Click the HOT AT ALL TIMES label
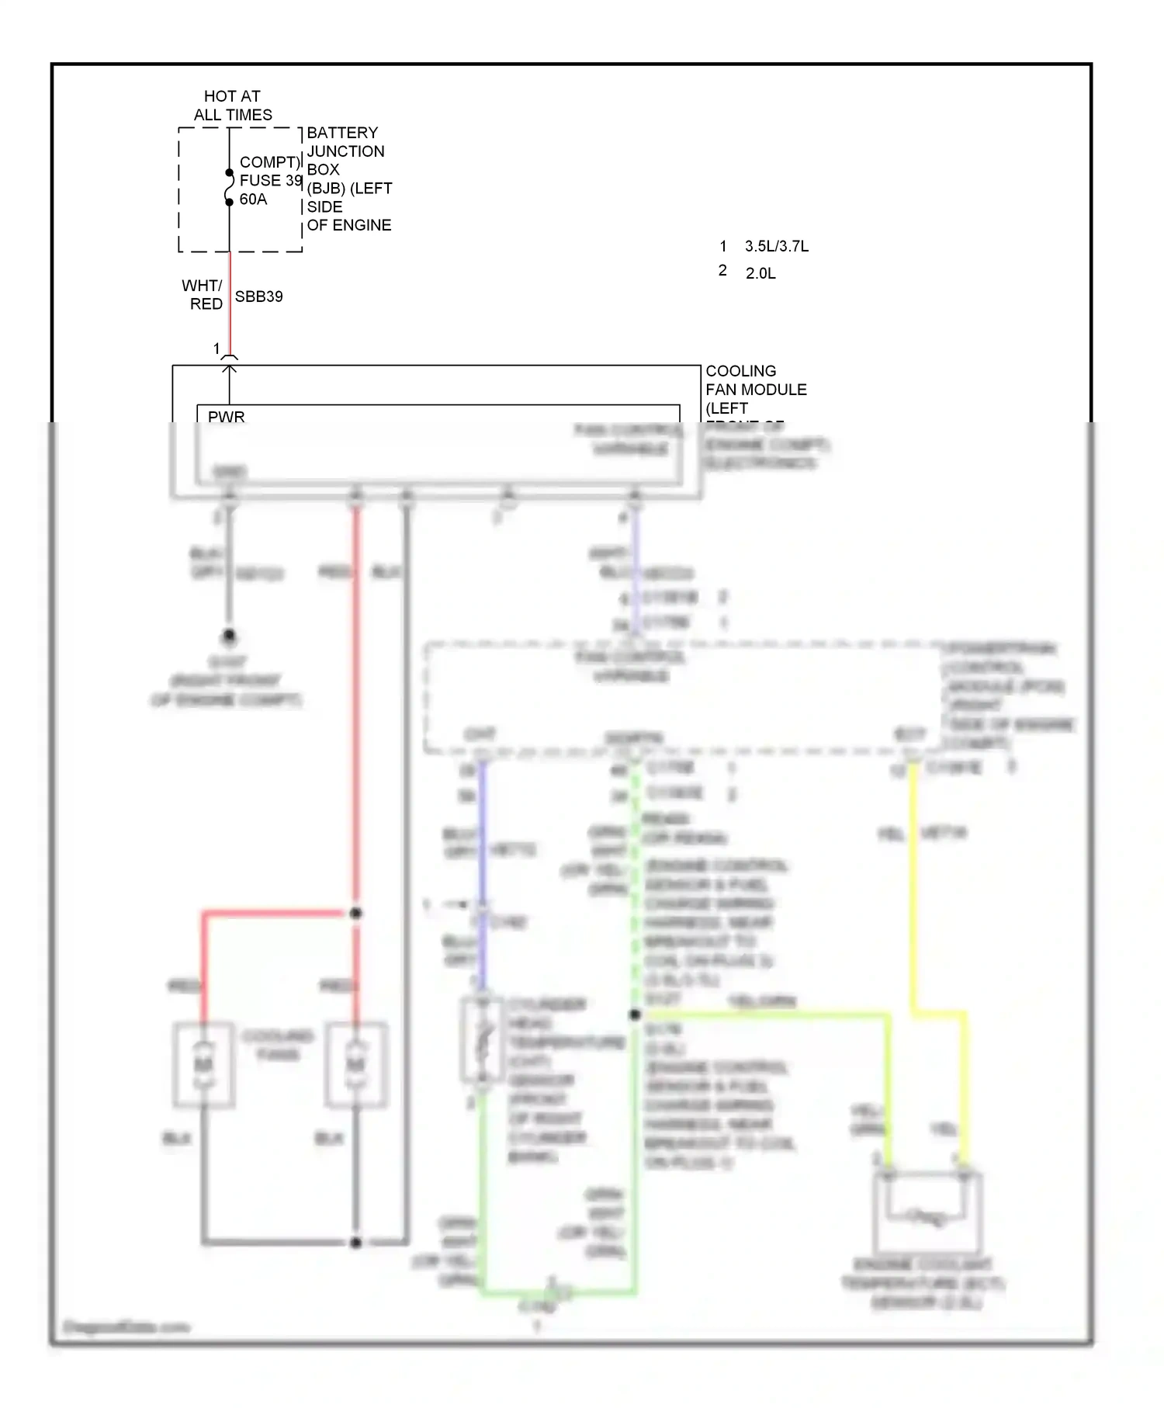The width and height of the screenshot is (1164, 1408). coord(233,106)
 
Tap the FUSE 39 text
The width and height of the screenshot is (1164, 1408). coord(270,180)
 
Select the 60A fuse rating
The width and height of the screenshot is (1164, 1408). coord(253,199)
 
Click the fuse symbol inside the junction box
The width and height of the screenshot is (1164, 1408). coord(229,187)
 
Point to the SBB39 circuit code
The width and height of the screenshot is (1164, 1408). coord(258,297)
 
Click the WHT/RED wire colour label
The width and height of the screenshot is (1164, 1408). coord(204,295)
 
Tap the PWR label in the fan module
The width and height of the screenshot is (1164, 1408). coord(226,417)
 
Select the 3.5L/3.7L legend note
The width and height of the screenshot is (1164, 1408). coord(776,247)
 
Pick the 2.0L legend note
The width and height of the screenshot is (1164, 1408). coord(760,273)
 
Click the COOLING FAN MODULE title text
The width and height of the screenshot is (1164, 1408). coord(755,380)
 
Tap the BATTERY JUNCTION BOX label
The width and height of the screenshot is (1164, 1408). coord(348,179)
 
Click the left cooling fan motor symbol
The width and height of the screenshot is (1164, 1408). coord(203,1064)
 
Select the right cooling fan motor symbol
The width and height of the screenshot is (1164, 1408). coord(355,1064)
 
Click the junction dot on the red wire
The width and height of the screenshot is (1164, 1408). coord(355,914)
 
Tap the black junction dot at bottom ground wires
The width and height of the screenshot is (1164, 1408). coord(355,1243)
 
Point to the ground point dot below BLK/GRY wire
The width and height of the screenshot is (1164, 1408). coord(229,636)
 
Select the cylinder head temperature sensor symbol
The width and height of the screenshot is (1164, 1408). coord(482,1040)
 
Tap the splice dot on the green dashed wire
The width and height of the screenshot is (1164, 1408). coord(635,1014)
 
